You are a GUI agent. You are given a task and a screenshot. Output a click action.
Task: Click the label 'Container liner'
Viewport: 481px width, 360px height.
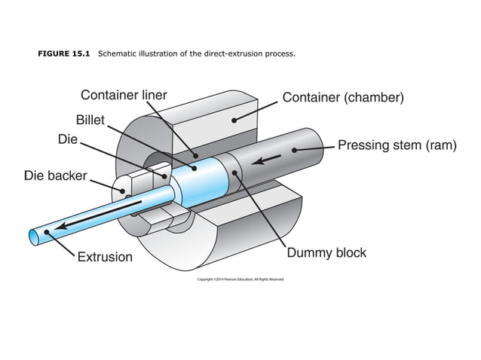(x=124, y=96)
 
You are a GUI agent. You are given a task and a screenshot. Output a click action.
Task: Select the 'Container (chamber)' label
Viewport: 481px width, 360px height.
(x=343, y=98)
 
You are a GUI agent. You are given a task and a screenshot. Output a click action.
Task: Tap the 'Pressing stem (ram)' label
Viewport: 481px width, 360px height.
(x=397, y=145)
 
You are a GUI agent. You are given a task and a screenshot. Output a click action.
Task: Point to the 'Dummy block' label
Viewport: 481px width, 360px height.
(x=326, y=252)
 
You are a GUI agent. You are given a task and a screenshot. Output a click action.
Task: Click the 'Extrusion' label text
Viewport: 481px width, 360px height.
(x=105, y=257)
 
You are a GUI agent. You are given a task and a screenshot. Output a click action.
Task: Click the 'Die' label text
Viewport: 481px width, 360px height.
(x=67, y=139)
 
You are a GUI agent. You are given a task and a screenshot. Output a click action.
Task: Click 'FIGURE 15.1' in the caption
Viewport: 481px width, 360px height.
(x=64, y=54)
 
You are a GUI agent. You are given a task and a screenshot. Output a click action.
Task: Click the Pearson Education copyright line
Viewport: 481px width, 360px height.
(x=240, y=279)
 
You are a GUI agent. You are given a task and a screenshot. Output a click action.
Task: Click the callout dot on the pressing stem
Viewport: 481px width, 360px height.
(x=296, y=151)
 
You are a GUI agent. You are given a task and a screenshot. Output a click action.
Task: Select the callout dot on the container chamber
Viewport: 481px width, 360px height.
(x=234, y=119)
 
